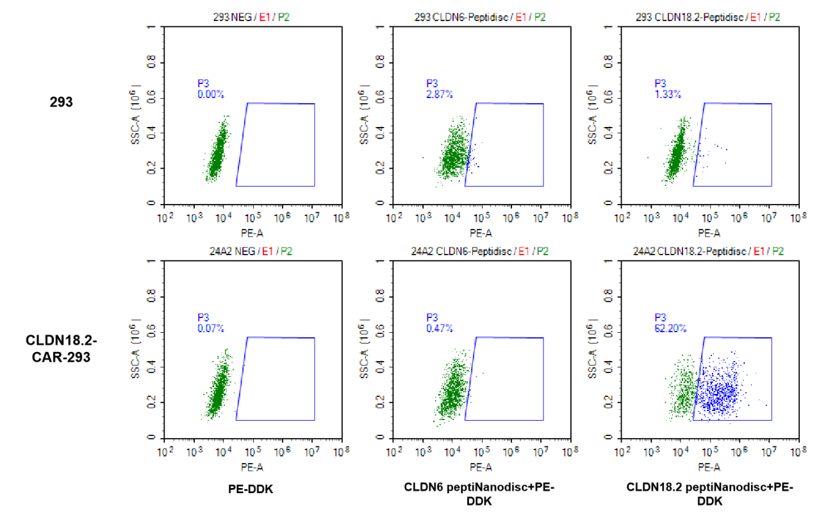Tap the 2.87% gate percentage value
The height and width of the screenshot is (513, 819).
tap(440, 94)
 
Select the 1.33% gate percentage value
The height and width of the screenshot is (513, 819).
tap(668, 94)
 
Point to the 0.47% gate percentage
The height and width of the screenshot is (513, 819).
tap(440, 328)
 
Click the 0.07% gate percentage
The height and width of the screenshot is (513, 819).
tap(210, 328)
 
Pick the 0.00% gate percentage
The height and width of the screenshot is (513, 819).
tap(210, 94)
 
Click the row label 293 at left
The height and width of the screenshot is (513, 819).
tap(62, 101)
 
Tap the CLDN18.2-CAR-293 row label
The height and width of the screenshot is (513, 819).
tap(62, 348)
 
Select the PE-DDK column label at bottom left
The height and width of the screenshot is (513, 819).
tap(251, 489)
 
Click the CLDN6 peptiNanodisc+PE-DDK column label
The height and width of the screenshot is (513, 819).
tap(479, 494)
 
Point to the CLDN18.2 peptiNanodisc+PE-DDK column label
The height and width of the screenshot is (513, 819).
tap(709, 494)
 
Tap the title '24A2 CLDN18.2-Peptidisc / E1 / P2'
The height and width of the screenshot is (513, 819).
tap(708, 251)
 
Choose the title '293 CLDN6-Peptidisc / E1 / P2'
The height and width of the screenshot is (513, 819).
tap(480, 17)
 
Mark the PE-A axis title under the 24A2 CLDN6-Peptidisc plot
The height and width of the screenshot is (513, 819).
tap(481, 467)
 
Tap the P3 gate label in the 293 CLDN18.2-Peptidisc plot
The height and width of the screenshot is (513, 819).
tap(660, 83)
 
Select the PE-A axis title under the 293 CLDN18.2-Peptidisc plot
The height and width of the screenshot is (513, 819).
tap(709, 233)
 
